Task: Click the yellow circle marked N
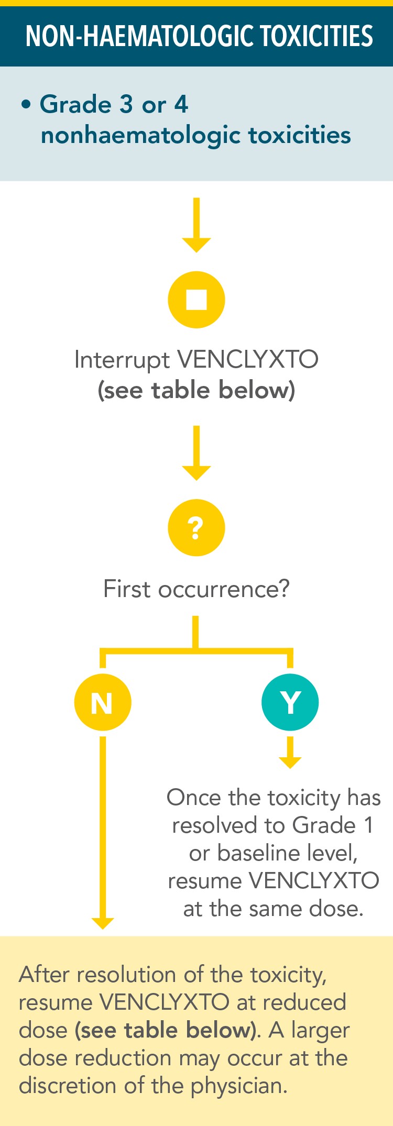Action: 103,702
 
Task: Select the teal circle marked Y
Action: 290,702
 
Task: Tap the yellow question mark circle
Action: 196,527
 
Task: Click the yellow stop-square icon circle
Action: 196,300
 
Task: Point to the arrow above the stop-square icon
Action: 196,225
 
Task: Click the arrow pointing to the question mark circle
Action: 196,453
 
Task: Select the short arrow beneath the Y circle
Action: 290,753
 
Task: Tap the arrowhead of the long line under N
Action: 103,922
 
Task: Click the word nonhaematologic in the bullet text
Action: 141,135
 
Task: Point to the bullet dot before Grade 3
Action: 26,105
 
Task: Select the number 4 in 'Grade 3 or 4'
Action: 181,104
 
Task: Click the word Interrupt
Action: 122,360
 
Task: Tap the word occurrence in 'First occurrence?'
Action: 223,589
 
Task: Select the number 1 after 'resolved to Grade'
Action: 369,825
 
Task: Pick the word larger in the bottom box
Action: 320,1030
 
